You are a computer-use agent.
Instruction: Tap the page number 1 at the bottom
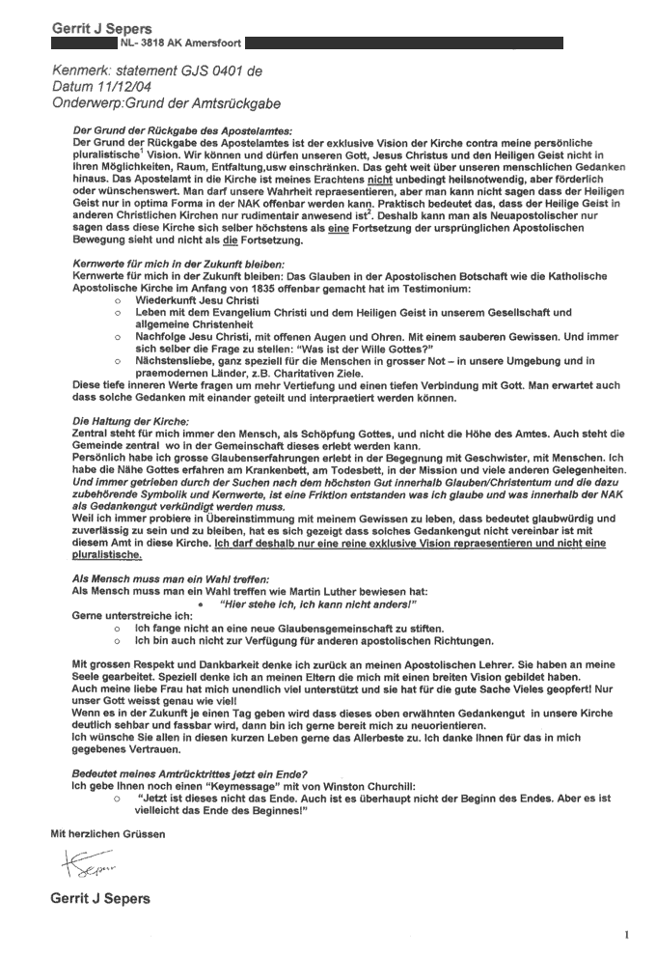(x=626, y=934)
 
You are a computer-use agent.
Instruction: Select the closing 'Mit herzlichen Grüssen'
(x=107, y=831)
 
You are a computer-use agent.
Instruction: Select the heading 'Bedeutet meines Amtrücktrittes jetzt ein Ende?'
(x=191, y=774)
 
